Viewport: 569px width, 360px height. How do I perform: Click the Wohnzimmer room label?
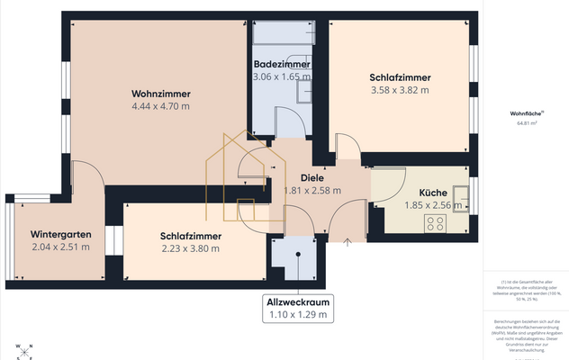[x=160, y=94]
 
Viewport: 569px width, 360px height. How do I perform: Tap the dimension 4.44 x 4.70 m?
[x=160, y=106]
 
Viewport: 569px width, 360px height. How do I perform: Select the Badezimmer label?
[x=282, y=65]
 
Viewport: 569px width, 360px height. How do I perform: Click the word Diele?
[x=312, y=177]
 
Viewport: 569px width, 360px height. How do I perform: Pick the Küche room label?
[x=433, y=193]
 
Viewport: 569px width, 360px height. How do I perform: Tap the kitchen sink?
[x=463, y=194]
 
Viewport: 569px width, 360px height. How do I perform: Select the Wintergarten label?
[x=60, y=234]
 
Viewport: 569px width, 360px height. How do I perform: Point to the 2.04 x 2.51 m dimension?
[x=60, y=247]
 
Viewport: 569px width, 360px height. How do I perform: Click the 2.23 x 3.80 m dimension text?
[x=191, y=248]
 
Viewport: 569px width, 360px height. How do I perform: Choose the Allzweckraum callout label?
[x=297, y=302]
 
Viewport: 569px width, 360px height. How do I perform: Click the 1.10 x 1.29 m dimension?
[x=297, y=315]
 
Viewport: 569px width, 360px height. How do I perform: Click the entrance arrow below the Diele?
[x=348, y=240]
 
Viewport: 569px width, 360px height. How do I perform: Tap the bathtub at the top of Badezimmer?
[x=283, y=33]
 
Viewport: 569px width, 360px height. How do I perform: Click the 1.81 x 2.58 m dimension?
[x=312, y=191]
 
